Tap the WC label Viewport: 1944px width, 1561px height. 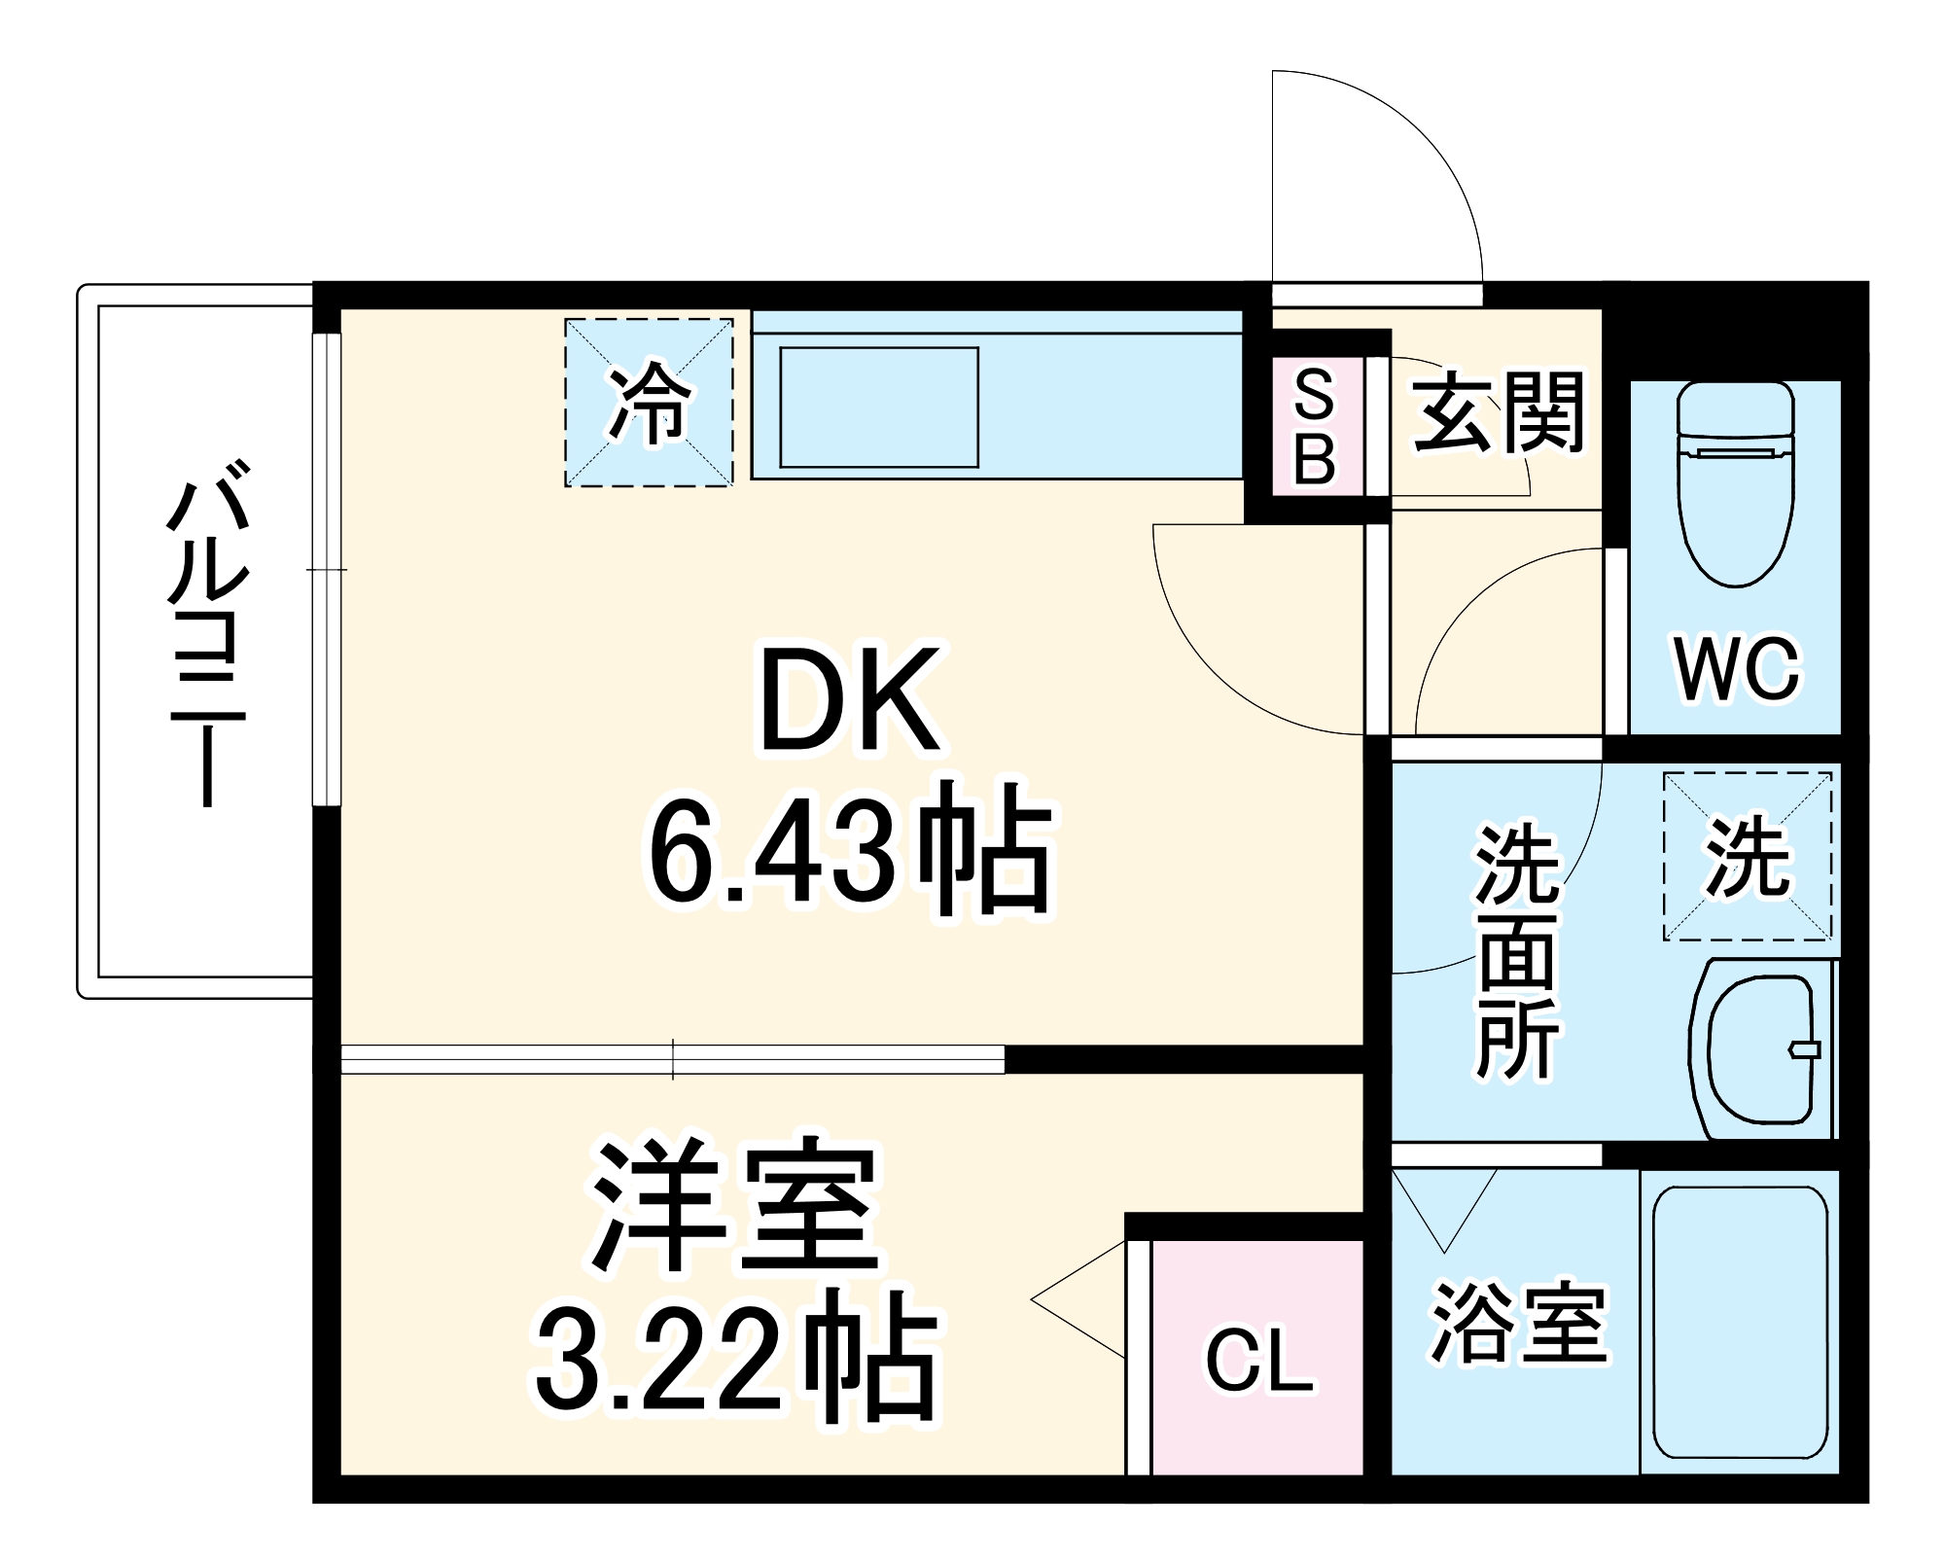(1737, 668)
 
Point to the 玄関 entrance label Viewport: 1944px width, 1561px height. (1499, 412)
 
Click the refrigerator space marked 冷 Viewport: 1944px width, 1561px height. (649, 403)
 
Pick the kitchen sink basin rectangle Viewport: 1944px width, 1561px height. (879, 407)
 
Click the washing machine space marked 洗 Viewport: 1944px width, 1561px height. (1748, 857)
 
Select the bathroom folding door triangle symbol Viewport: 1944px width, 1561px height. (1444, 1206)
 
